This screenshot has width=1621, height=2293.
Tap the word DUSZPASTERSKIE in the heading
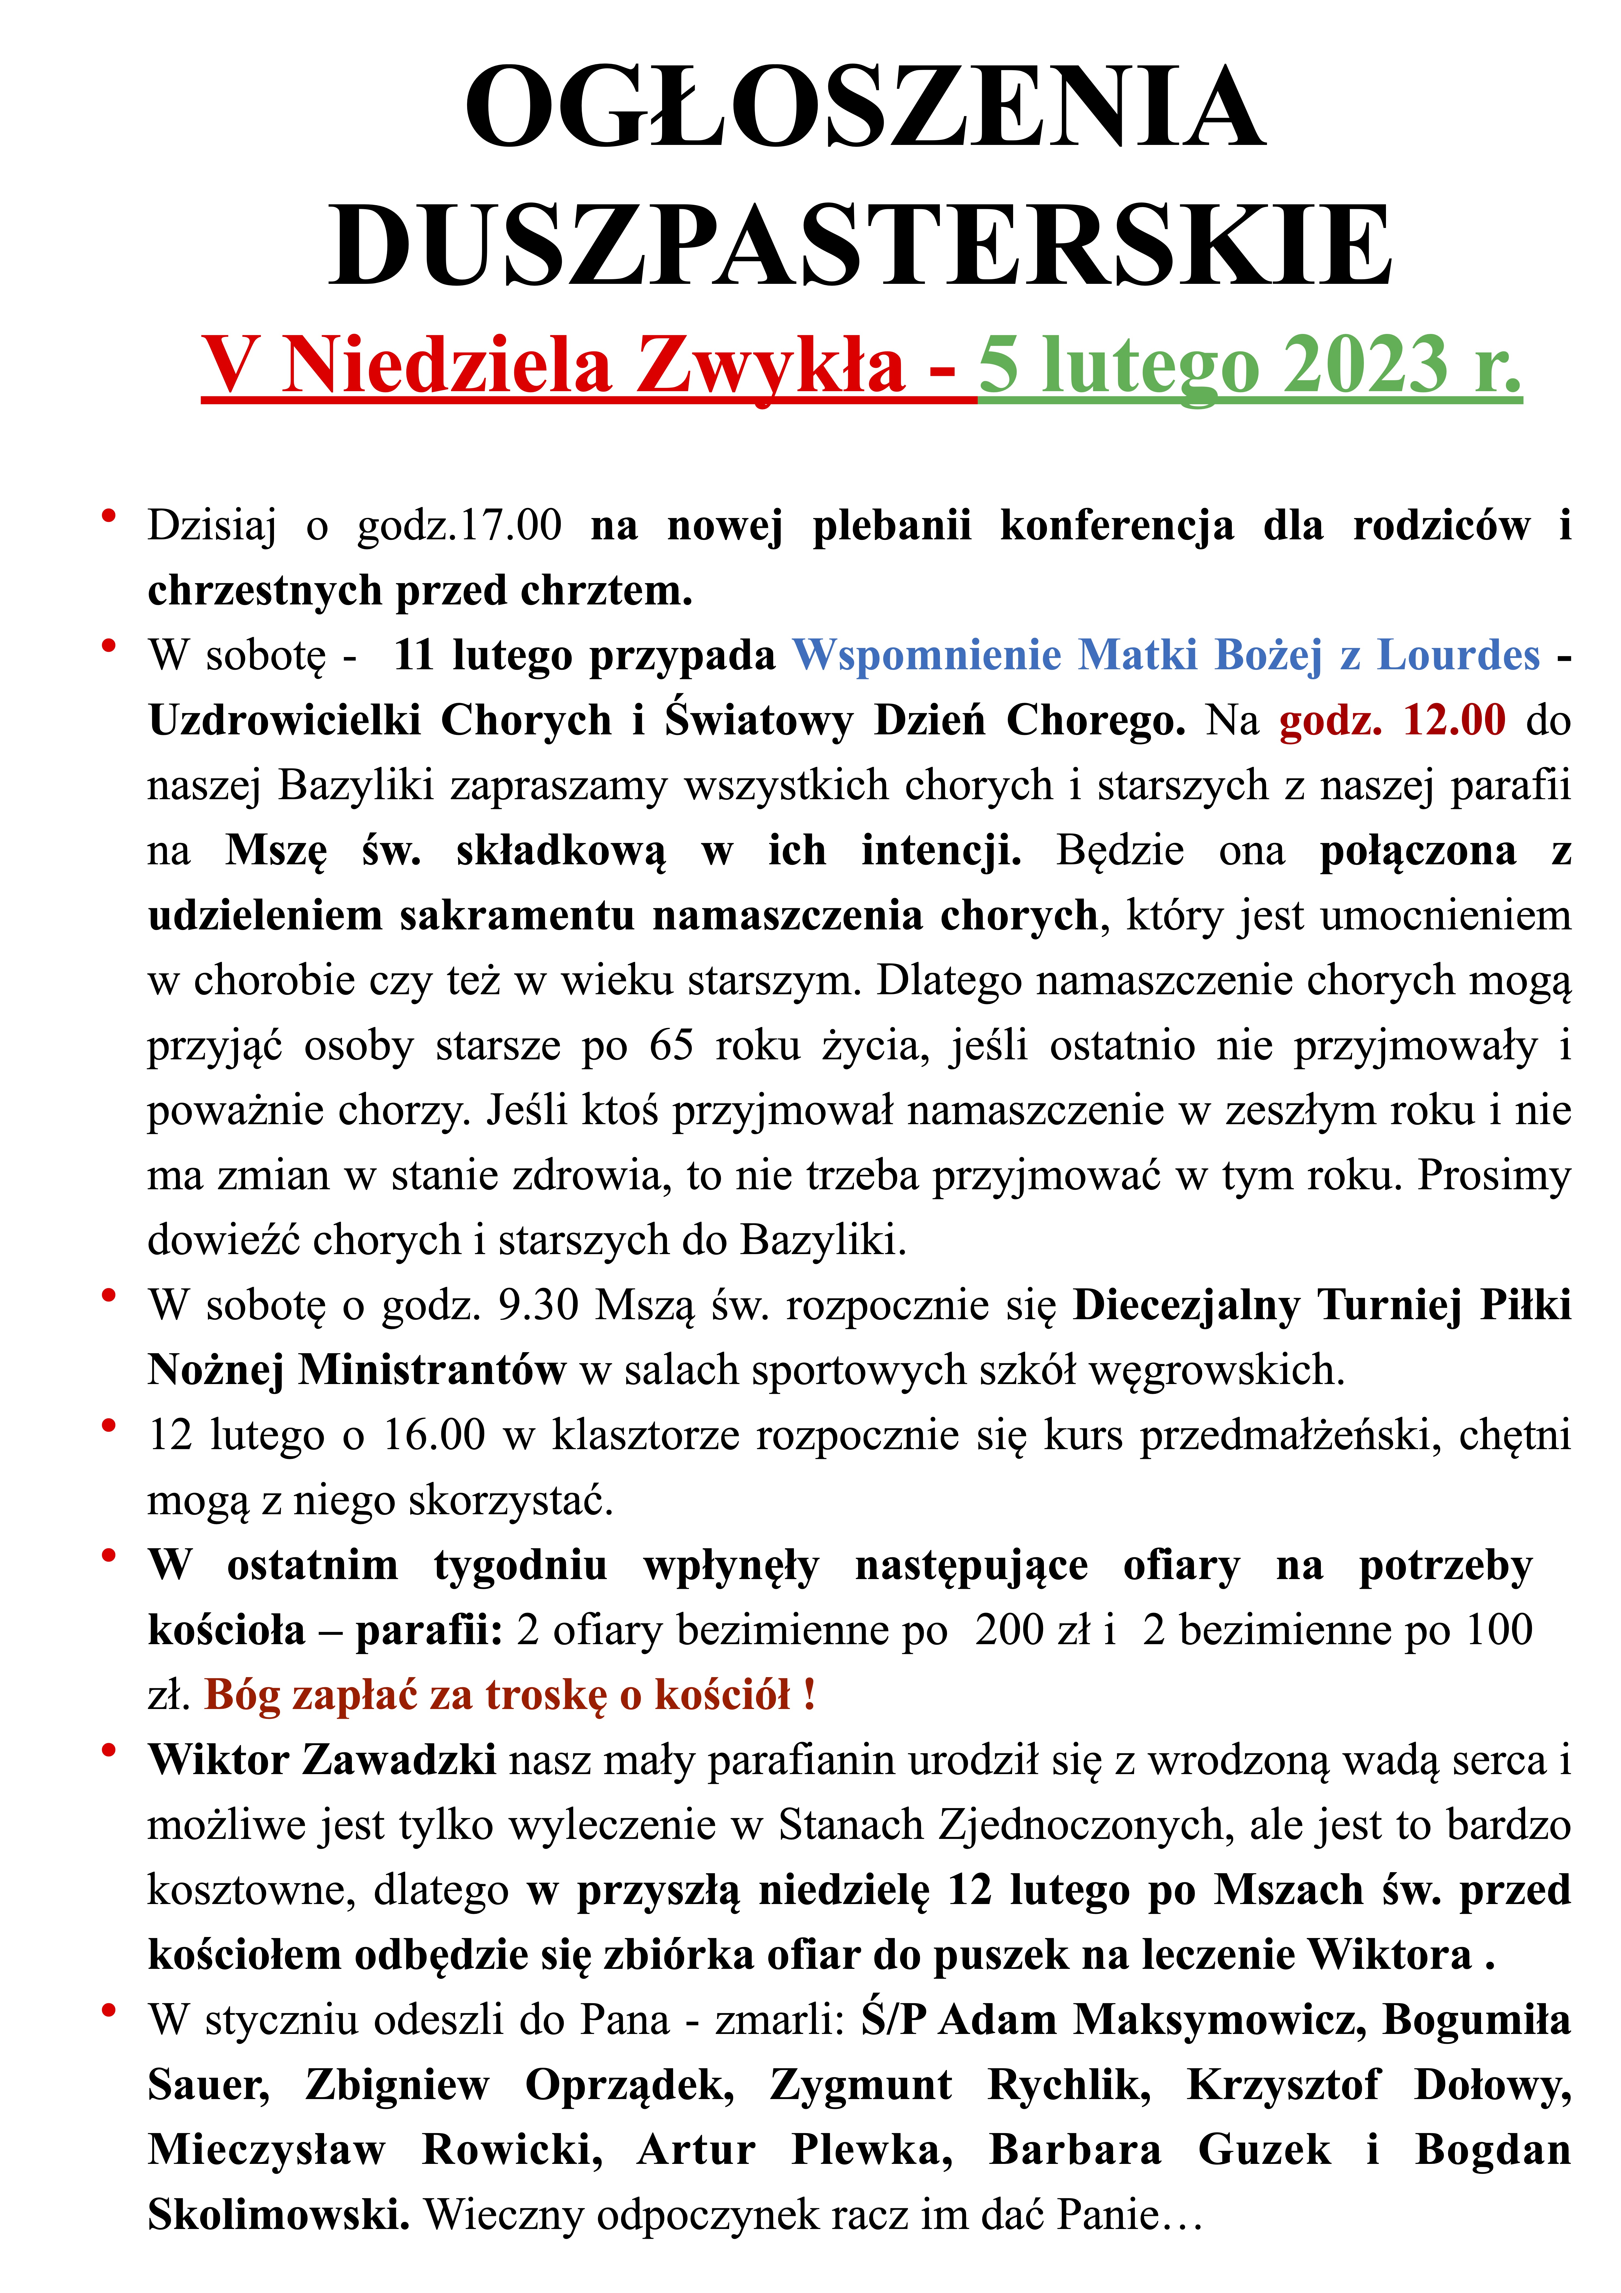tap(861, 245)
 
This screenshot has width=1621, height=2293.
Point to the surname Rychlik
tap(1069, 2084)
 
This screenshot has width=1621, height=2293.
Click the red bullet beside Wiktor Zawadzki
tap(109, 1749)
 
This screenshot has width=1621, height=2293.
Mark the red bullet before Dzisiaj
tap(109, 514)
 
